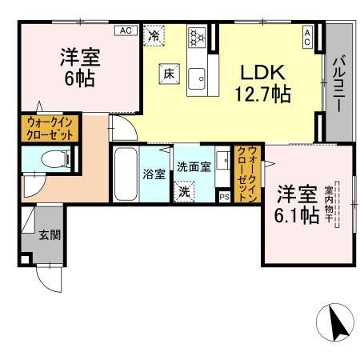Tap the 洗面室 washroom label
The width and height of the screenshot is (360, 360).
[194, 168]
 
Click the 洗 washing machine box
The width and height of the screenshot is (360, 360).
[184, 192]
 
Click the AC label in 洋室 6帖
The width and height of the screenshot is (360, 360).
[125, 30]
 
